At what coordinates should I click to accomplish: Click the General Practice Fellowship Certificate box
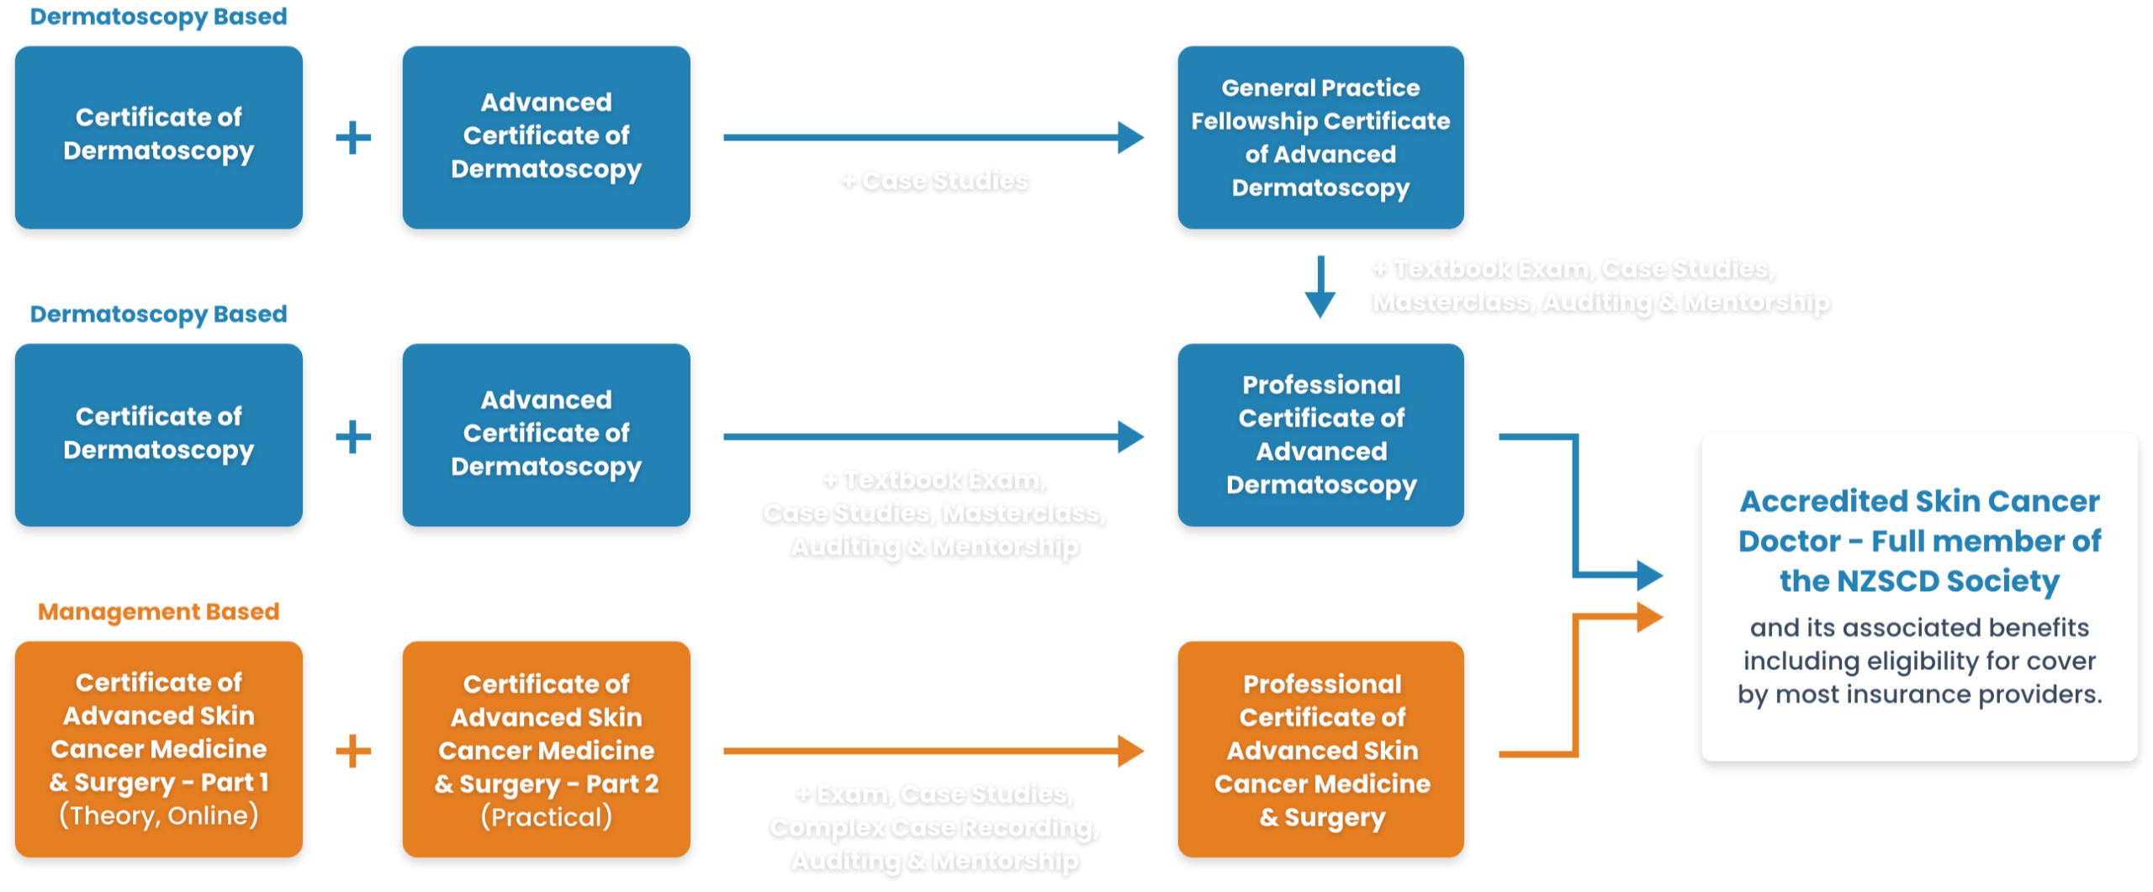(1320, 137)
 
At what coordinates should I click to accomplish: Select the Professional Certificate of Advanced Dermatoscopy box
(1320, 435)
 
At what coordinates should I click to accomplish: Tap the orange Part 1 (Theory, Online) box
(158, 749)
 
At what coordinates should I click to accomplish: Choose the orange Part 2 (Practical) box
(546, 749)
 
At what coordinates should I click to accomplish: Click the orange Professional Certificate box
(1320, 749)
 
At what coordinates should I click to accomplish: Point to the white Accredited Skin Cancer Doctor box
(1919, 597)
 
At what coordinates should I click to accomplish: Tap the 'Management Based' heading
(158, 611)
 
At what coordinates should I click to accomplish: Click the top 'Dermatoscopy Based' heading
(158, 17)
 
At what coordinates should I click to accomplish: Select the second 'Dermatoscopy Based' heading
(158, 314)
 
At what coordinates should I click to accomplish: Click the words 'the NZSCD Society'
(1919, 581)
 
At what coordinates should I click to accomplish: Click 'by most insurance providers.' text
(1919, 694)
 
